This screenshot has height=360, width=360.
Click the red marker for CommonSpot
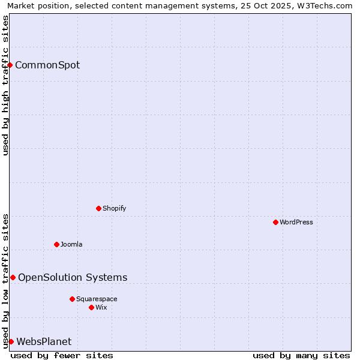pos(10,65)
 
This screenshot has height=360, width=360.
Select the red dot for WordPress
pos(275,222)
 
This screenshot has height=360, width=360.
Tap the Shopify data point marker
pos(98,208)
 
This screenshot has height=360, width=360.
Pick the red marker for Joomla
pos(56,244)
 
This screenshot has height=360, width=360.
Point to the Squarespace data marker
pos(72,299)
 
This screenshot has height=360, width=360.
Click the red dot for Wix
pos(91,307)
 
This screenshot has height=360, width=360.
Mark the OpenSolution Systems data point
pos(13,277)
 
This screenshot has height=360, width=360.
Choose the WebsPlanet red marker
pos(11,341)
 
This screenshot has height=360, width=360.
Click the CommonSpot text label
pos(47,65)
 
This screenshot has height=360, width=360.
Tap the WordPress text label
pos(296,222)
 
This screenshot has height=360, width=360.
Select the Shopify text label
pos(114,208)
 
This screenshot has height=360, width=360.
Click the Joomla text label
pos(71,244)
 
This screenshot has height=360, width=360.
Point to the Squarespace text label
pos(97,299)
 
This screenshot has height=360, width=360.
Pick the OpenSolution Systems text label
pos(73,277)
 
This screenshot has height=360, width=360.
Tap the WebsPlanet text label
pos(44,341)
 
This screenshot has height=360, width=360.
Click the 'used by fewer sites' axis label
pos(62,355)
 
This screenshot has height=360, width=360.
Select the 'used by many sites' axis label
pos(301,355)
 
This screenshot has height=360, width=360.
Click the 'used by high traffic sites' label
pos(5,85)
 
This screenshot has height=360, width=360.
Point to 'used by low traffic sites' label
pos(5,281)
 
